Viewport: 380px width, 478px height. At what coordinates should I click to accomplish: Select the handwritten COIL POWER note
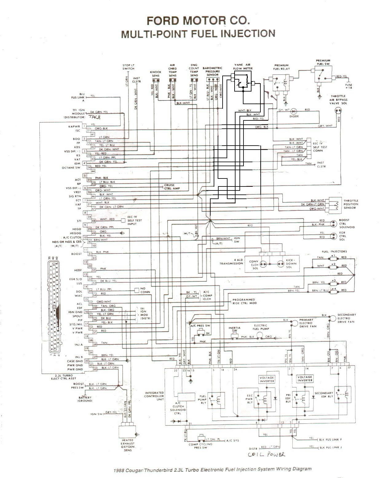coord(267,455)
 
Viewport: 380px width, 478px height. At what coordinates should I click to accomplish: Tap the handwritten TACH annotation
coord(95,117)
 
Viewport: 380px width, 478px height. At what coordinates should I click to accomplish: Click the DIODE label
coord(294,116)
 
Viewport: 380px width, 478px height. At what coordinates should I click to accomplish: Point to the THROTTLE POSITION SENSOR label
coord(351,204)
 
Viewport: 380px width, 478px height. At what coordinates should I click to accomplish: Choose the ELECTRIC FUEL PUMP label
coord(260,327)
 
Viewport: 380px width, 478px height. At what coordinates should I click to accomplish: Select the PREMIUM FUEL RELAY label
coord(282,67)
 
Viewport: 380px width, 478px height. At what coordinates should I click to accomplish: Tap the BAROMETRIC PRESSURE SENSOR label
coord(212,71)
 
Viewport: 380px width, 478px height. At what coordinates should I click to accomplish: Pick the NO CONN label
coord(145,290)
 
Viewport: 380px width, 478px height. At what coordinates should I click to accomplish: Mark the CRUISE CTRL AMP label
coord(170,187)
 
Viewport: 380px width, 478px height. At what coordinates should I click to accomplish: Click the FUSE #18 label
coord(349,86)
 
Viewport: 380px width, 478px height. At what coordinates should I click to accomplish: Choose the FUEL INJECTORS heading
coord(334,252)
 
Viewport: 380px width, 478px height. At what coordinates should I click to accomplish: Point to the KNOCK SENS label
coord(155,73)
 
